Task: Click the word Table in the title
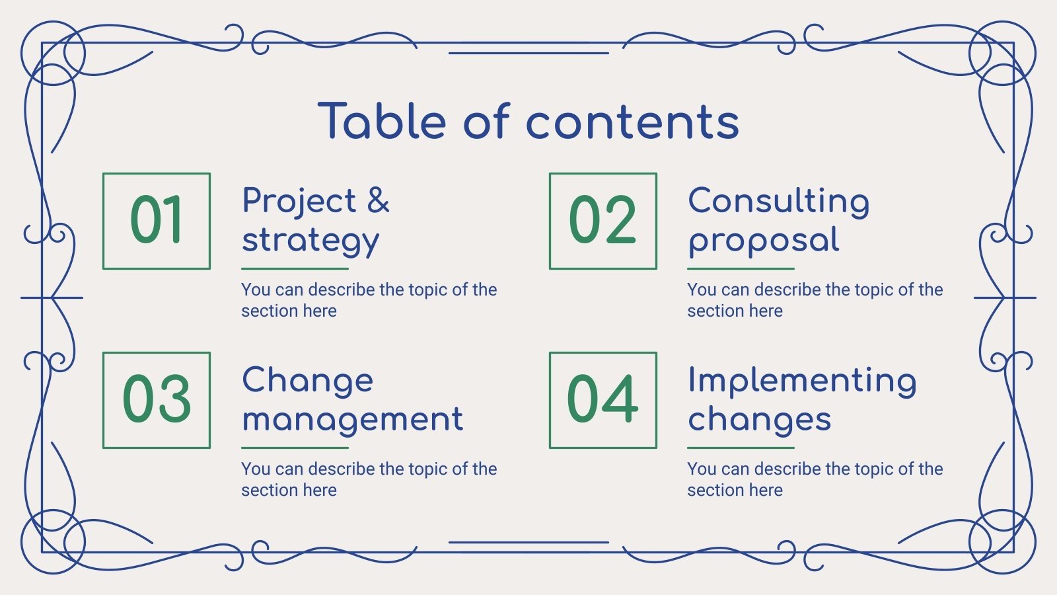[x=383, y=122]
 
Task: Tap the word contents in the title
[x=632, y=123]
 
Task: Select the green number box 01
[x=157, y=221]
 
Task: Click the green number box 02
[x=602, y=221]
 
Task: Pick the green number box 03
[x=157, y=400]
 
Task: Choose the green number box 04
[x=602, y=400]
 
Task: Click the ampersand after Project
[x=378, y=200]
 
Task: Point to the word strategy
[x=310, y=241]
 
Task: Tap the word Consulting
[x=778, y=201]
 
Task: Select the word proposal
[x=764, y=241]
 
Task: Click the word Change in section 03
[x=308, y=381]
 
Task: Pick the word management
[x=353, y=419]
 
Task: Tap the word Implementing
[x=802, y=381]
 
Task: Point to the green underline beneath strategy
[x=295, y=268]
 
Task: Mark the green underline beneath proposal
[x=741, y=268]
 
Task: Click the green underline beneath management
[x=295, y=448]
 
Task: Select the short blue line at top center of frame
[x=528, y=53]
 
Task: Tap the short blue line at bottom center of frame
[x=528, y=542]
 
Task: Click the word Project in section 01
[x=300, y=201]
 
